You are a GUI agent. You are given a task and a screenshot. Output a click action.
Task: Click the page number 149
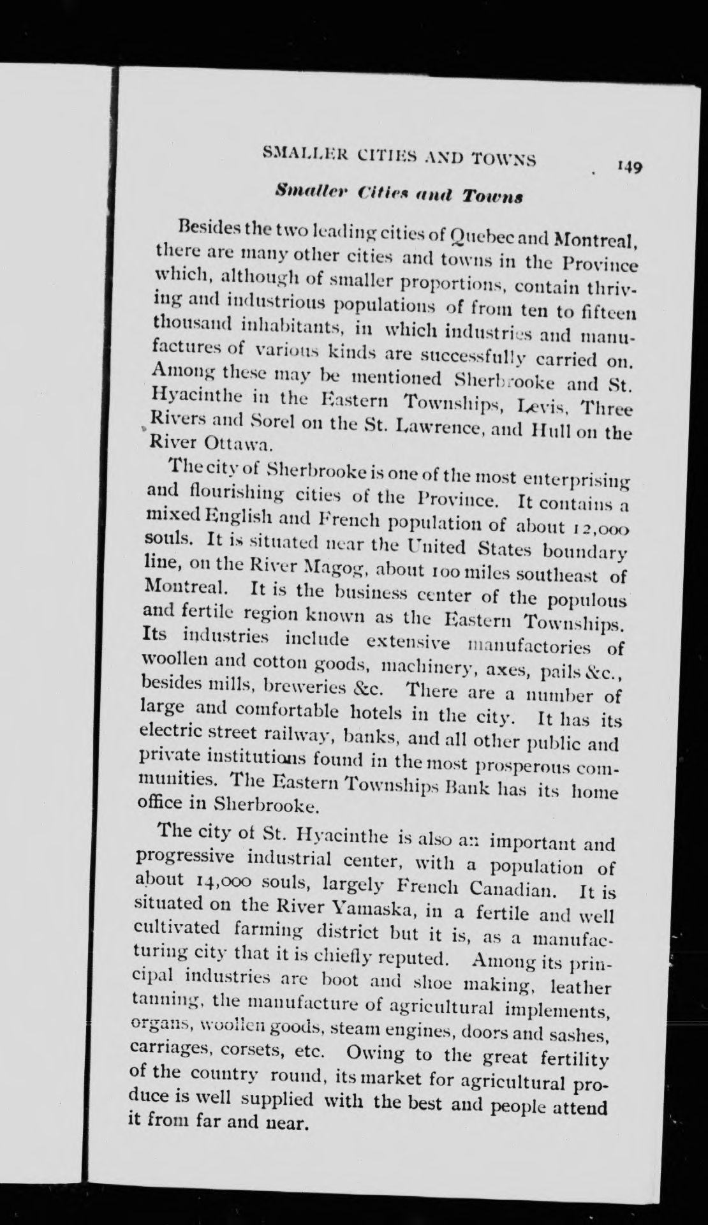click(629, 167)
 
